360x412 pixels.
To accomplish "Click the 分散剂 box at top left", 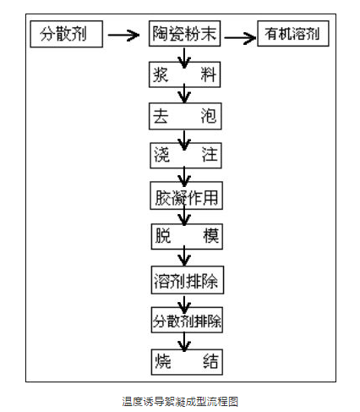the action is [x=67, y=34].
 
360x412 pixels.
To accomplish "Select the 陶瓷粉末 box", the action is [x=184, y=33].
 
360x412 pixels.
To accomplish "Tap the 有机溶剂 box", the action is [x=293, y=33].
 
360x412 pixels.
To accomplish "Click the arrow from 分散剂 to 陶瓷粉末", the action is [x=123, y=36].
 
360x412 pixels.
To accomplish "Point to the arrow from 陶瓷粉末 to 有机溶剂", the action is [x=240, y=38].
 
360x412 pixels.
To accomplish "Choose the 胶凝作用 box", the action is [x=187, y=195].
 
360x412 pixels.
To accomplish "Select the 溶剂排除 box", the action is [x=188, y=280].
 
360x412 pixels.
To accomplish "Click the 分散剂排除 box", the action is [x=187, y=320].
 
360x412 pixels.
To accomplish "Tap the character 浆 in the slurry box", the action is [x=161, y=74].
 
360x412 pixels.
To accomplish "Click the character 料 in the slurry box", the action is [x=209, y=74].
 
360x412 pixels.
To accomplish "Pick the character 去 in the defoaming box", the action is [x=161, y=116].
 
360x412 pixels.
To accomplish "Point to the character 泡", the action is [x=209, y=116].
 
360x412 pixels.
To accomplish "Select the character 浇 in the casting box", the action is [x=162, y=155].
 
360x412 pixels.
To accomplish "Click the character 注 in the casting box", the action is [x=210, y=155].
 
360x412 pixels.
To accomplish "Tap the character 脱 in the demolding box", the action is [x=163, y=236].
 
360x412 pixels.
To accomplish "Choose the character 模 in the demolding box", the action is [x=211, y=236].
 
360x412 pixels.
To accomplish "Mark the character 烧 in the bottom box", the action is [x=163, y=361].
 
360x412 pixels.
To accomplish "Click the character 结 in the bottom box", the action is [x=210, y=361].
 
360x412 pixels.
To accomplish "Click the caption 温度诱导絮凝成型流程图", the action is [x=180, y=401].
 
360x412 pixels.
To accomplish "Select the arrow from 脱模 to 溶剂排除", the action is [x=184, y=255].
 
